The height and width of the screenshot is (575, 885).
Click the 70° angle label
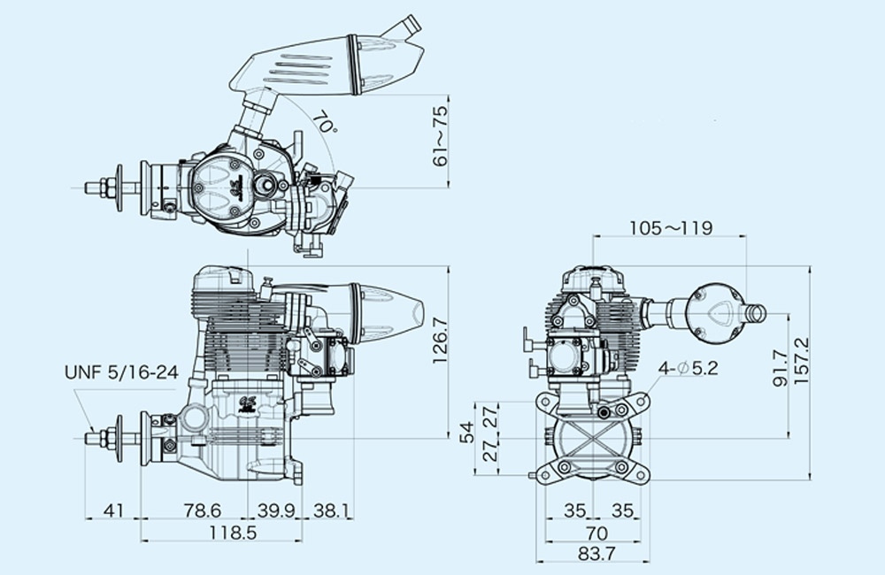pos(325,122)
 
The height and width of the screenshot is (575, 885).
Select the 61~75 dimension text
pos(439,136)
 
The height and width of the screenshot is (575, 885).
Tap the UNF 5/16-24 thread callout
pos(121,372)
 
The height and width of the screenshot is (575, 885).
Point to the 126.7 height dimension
pos(440,341)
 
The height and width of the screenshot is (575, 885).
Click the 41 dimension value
pos(113,510)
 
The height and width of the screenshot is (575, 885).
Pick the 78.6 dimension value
pos(203,510)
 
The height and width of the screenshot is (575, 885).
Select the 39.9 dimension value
pos(276,510)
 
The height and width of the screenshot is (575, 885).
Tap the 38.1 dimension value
pos(331,510)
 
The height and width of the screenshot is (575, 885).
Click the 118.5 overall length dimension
pos(233,533)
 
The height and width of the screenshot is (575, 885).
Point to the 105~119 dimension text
pos(671,228)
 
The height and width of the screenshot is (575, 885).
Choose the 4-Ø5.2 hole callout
pos(688,369)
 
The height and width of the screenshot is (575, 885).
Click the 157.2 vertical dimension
pos(802,361)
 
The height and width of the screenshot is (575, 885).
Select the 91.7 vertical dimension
pos(780,368)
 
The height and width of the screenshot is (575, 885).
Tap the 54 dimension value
pos(466,433)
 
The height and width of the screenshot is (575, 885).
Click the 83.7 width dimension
pos(596,554)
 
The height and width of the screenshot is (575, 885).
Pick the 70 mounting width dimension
pos(596,533)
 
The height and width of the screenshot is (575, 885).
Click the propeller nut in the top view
pos(108,188)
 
